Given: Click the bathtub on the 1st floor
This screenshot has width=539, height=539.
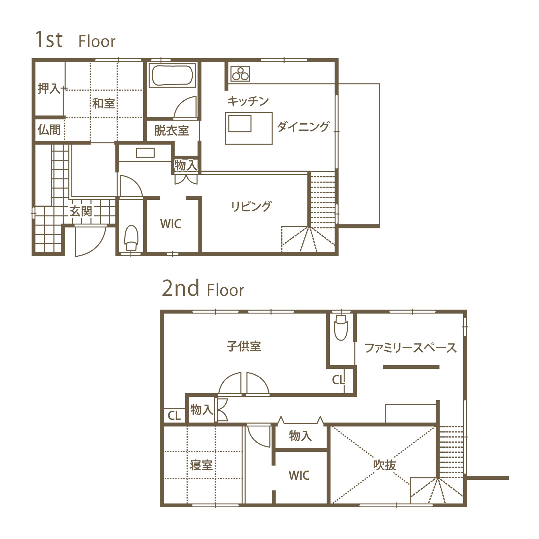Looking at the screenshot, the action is (x=172, y=75).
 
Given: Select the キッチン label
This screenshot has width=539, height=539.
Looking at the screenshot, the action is (x=248, y=101).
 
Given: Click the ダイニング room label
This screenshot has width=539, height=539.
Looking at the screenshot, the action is (x=303, y=127).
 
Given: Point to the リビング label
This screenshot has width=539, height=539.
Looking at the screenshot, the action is (x=251, y=206).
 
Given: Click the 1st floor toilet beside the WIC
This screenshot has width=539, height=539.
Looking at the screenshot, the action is (x=131, y=238).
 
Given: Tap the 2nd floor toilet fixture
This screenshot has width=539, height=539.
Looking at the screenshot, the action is (x=341, y=327).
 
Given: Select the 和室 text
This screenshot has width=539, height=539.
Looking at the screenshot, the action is (x=103, y=103).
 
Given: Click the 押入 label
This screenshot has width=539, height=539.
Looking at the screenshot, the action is (x=49, y=89).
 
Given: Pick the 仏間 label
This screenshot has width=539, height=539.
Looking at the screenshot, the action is (x=49, y=129).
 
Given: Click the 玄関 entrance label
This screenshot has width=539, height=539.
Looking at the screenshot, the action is (x=81, y=212).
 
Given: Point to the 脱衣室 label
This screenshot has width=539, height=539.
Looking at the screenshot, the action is (x=171, y=130).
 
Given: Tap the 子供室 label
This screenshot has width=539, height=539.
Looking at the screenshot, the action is (x=244, y=346).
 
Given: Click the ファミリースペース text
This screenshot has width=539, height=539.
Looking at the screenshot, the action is (x=411, y=348).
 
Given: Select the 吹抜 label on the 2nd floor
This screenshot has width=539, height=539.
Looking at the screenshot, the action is (x=385, y=465).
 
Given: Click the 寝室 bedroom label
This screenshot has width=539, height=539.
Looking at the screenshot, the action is (x=201, y=465).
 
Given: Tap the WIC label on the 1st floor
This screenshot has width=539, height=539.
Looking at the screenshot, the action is (x=171, y=224).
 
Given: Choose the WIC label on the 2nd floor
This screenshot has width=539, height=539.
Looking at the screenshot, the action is (x=299, y=475).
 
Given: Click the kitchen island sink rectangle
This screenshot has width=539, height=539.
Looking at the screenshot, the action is (x=240, y=123).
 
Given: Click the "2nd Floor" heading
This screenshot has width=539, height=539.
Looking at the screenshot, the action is (x=203, y=288).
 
